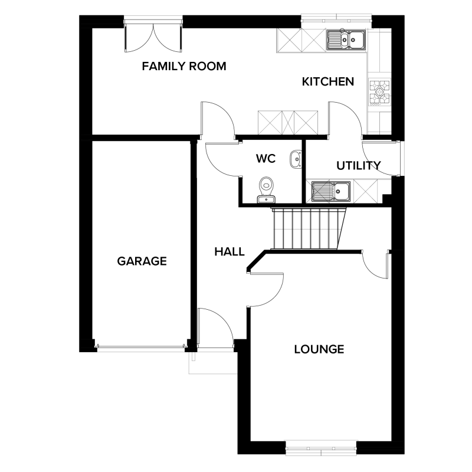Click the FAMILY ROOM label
[184, 66]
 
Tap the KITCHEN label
[328, 81]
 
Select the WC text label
[266, 158]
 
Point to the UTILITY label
[359, 166]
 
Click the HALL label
[230, 252]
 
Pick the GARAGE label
[142, 261]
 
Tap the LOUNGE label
[319, 349]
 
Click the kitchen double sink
[346, 40]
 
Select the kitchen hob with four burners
[379, 93]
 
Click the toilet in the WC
[266, 189]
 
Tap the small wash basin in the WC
[296, 159]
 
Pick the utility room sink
[331, 191]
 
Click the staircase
[309, 228]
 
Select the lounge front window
[321, 448]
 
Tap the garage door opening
[141, 348]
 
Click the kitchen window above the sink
[337, 18]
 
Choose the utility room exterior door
[381, 158]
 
